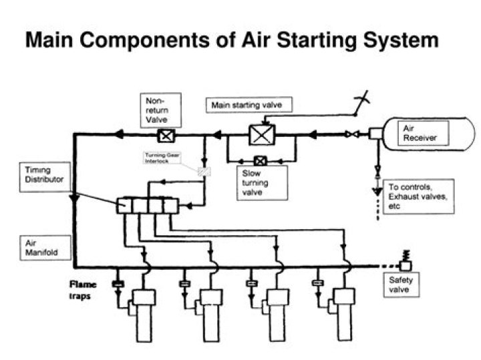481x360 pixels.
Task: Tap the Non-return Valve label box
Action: click(158, 110)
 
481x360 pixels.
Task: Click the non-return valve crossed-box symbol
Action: click(163, 136)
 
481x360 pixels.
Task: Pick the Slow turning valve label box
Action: click(263, 182)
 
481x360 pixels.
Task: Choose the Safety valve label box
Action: click(401, 285)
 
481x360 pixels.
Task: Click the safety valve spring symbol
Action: click(406, 257)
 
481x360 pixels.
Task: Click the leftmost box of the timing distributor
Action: click(124, 205)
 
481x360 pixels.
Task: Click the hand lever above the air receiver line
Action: click(361, 102)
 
